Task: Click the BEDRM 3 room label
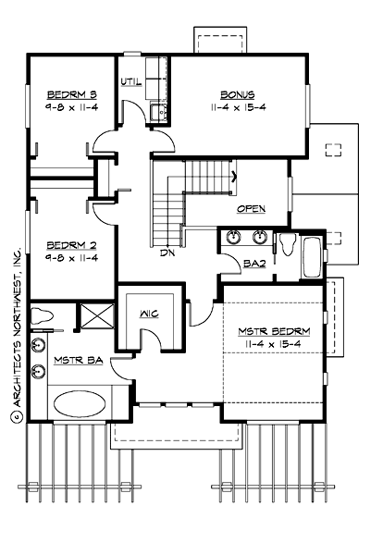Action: tap(68, 92)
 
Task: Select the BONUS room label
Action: tap(237, 94)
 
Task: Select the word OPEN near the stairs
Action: tap(251, 209)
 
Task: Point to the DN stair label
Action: tap(167, 252)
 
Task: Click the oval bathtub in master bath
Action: tap(79, 404)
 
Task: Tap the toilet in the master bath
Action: tap(41, 316)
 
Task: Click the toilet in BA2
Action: tap(286, 244)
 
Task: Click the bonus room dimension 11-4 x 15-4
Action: tap(237, 107)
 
